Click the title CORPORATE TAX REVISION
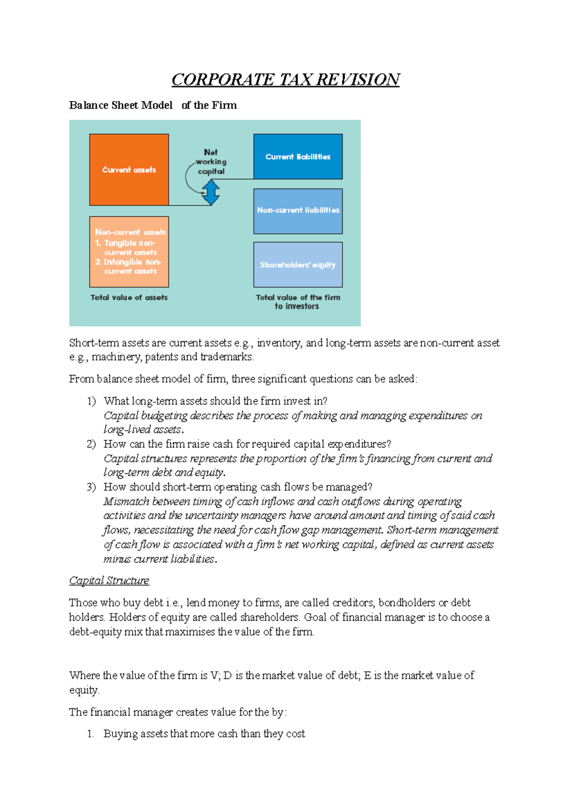click(286, 79)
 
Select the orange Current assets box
click(129, 170)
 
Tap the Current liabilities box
click(298, 156)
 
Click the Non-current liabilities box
click(298, 210)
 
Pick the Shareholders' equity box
click(298, 265)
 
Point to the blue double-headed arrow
click(210, 193)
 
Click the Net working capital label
click(211, 162)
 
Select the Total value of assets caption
click(129, 298)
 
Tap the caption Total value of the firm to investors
click(298, 301)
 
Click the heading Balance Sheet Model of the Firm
click(153, 105)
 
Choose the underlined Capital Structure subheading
click(109, 581)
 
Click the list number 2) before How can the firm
click(91, 444)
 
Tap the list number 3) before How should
click(91, 487)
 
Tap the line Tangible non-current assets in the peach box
click(130, 248)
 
